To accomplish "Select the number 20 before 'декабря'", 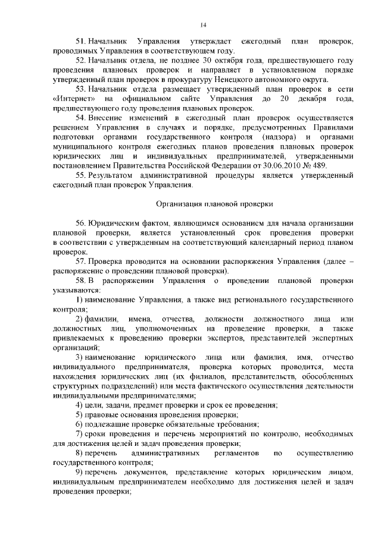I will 285,97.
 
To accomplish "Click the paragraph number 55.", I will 80,177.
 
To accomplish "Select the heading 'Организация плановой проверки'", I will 214,204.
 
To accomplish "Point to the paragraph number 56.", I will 80,222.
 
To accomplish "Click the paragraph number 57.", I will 80,262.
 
